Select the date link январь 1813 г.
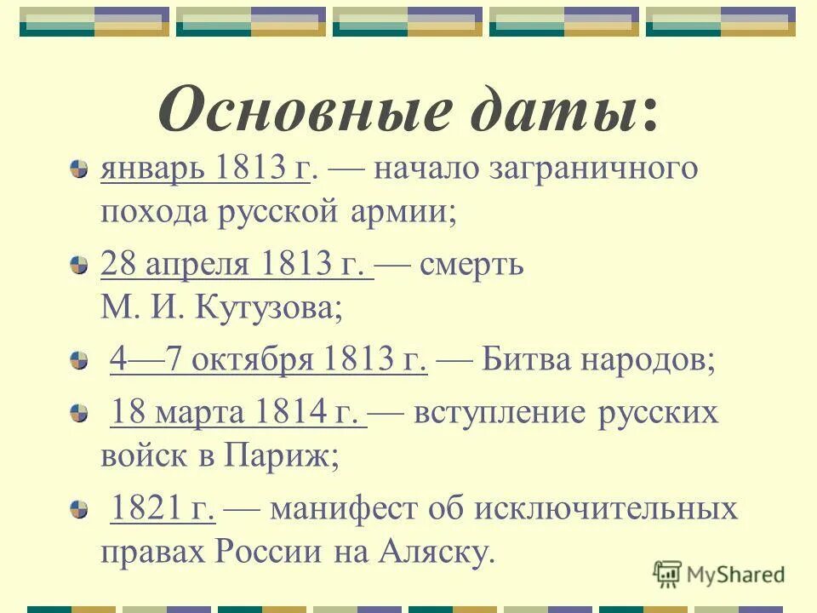(x=205, y=169)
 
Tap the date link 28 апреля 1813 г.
(x=237, y=265)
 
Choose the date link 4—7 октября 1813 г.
(x=268, y=361)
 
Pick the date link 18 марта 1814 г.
(x=239, y=414)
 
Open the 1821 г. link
(x=163, y=510)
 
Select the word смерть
(x=471, y=265)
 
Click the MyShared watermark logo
(x=720, y=575)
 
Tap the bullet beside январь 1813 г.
(x=78, y=169)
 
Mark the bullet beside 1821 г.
(x=78, y=511)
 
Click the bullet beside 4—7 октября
(x=78, y=362)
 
